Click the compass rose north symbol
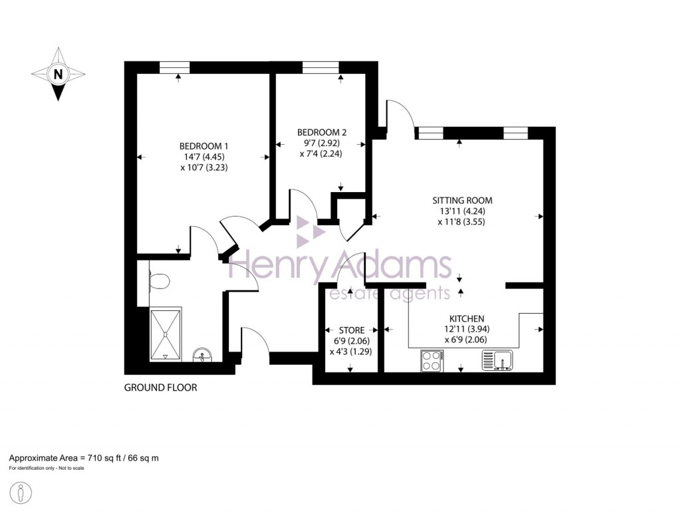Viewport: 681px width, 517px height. click(59, 74)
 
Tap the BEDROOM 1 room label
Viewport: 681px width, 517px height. click(204, 146)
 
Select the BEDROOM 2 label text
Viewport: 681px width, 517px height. click(322, 132)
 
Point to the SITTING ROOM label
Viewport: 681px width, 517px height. click(462, 200)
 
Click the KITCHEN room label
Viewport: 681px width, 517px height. click(466, 318)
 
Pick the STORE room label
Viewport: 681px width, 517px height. click(351, 329)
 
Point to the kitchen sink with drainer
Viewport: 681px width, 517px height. click(499, 360)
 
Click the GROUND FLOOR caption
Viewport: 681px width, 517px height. click(160, 387)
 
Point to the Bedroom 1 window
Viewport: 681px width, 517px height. click(174, 66)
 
